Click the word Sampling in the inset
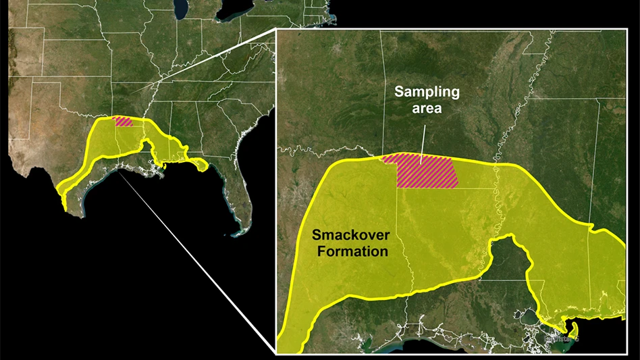click(427, 92)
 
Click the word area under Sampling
click(427, 107)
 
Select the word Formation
click(350, 251)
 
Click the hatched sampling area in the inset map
click(425, 172)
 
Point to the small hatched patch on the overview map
click(124, 122)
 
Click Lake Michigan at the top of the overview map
click(180, 8)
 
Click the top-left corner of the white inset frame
click(277, 29)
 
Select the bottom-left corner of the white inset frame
click(277, 353)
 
